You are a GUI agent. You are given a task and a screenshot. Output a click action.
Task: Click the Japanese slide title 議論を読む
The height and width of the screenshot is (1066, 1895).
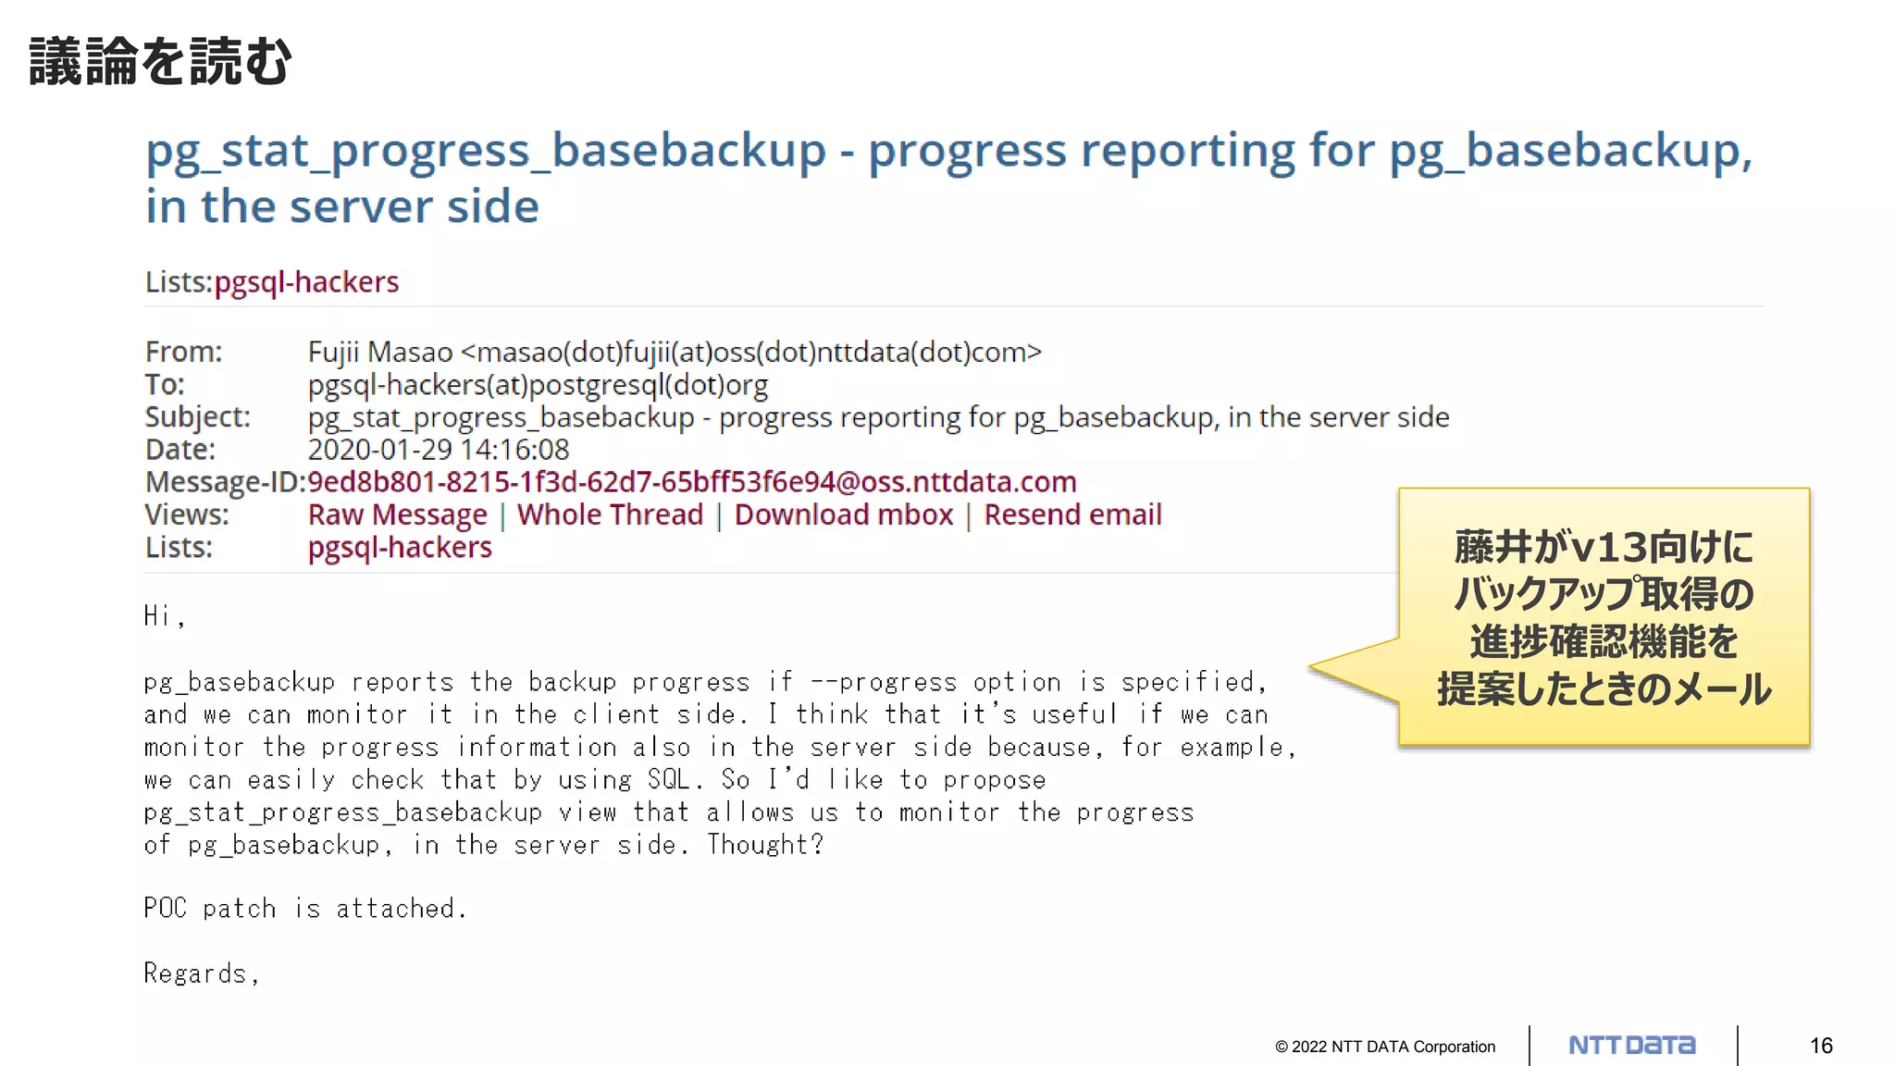tap(160, 62)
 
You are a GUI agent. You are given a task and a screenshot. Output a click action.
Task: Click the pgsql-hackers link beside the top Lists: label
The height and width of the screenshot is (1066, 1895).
tap(306, 282)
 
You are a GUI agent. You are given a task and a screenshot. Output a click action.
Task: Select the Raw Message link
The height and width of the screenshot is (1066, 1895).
tap(397, 515)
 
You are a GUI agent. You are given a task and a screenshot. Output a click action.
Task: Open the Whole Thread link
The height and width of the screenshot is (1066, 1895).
tap(610, 515)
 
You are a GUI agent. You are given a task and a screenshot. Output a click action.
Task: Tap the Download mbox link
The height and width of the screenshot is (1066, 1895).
tap(843, 515)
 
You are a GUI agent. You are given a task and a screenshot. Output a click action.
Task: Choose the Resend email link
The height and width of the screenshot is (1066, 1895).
tap(1072, 515)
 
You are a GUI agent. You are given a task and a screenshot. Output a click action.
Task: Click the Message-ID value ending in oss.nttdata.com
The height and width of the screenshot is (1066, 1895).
tap(691, 482)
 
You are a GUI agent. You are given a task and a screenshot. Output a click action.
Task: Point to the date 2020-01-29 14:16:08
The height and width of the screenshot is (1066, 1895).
tap(438, 450)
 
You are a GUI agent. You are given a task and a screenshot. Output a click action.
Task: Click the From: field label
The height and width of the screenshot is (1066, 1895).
tap(183, 353)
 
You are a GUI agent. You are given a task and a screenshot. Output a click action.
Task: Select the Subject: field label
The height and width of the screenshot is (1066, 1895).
tap(197, 417)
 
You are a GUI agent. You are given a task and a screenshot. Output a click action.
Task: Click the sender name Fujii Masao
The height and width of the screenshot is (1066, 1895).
tap(379, 353)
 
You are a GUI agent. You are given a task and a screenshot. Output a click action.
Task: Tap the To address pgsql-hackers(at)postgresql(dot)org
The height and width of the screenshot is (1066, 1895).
tap(538, 385)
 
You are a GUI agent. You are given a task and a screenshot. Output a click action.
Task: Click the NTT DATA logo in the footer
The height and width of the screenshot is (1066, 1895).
tap(1631, 1046)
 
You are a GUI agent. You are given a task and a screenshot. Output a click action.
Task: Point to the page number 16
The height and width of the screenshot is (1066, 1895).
tap(1820, 1046)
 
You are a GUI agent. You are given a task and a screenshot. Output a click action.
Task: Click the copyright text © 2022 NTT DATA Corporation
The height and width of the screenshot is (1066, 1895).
tap(1384, 1047)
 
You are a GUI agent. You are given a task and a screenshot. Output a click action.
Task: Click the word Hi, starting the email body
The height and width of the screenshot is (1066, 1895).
tap(164, 616)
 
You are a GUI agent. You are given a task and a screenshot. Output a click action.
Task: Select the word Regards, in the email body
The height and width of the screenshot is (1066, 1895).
tap(201, 973)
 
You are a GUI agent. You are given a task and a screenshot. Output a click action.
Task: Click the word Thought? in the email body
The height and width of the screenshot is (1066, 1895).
tap(764, 845)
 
